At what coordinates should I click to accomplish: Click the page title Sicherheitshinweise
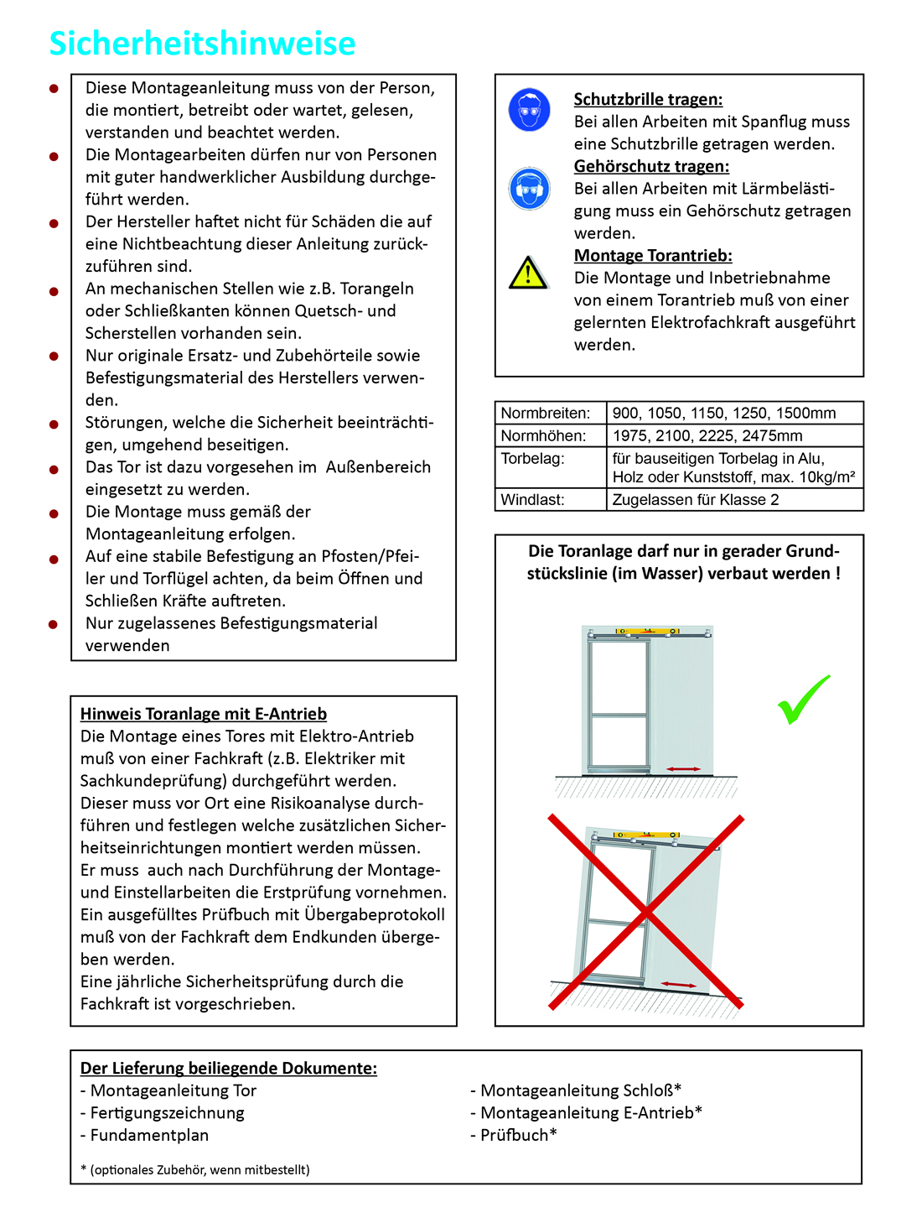[x=202, y=44]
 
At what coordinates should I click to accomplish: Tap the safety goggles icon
[x=529, y=110]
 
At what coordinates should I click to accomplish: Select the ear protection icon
[x=529, y=189]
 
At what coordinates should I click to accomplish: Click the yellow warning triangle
[x=528, y=273]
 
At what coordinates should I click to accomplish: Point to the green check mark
[x=803, y=699]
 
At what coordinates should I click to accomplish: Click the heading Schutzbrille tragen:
[x=648, y=100]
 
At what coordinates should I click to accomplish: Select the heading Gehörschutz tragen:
[x=651, y=166]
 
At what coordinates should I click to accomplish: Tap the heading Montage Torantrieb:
[x=653, y=256]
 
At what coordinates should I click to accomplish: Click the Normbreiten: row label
[x=546, y=413]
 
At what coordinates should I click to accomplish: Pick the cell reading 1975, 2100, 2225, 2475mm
[x=707, y=435]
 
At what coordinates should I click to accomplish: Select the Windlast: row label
[x=532, y=500]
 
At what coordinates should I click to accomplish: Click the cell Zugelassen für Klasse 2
[x=696, y=500]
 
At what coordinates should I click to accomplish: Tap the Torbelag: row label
[x=532, y=458]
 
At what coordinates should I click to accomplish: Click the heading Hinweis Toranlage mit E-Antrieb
[x=204, y=714]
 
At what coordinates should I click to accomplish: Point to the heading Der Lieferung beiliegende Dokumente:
[x=229, y=1068]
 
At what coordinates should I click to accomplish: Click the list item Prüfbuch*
[x=518, y=1135]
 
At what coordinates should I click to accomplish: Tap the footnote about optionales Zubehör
[x=195, y=1169]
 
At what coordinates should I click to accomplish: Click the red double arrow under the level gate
[x=684, y=768]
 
